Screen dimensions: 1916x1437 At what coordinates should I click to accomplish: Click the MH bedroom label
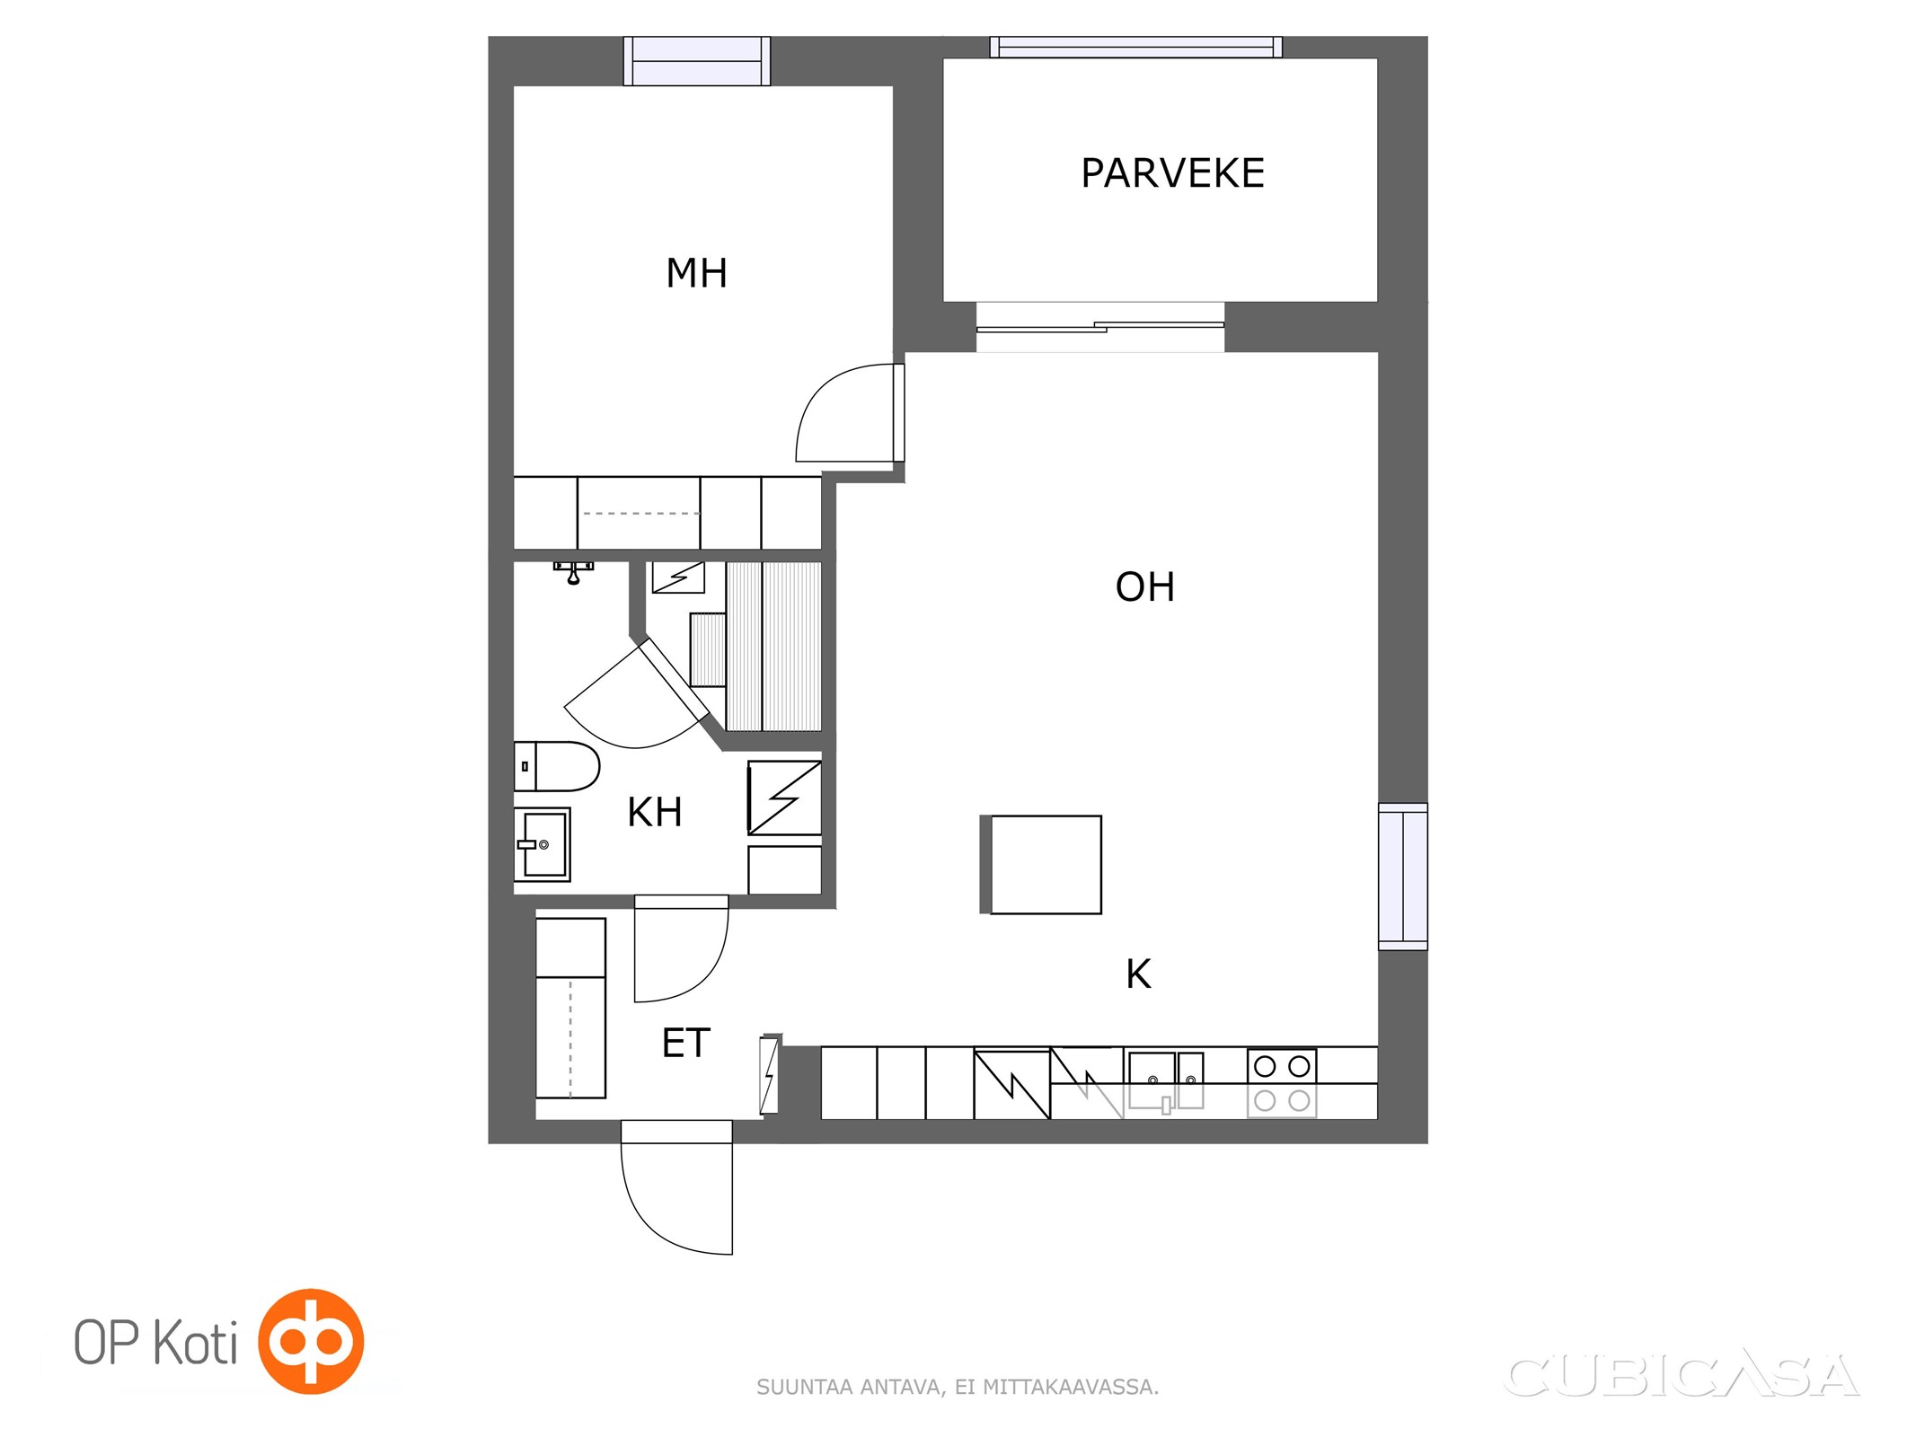(696, 273)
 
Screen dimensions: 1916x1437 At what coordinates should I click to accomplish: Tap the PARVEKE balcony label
(1172, 173)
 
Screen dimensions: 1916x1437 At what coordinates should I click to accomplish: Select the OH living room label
(1144, 586)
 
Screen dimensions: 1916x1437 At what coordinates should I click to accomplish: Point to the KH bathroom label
(654, 812)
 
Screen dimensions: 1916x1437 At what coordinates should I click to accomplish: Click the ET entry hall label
(685, 1043)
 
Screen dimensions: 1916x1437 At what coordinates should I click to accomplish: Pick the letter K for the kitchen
(1138, 974)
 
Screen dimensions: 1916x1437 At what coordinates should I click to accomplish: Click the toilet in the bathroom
(556, 766)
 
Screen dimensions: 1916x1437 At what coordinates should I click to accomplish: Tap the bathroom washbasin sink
(542, 844)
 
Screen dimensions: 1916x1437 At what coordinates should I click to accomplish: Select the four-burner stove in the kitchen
(1282, 1083)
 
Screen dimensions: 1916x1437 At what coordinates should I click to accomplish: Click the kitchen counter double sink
(1165, 1081)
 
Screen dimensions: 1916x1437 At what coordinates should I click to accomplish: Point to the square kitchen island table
(1046, 865)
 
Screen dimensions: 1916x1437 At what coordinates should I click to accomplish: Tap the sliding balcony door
(1099, 327)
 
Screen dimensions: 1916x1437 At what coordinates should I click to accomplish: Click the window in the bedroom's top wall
(697, 61)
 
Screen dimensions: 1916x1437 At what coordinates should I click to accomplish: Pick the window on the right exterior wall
(1403, 876)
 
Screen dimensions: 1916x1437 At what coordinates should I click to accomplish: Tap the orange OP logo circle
(311, 1341)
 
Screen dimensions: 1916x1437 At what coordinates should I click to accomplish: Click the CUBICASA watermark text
(1681, 1376)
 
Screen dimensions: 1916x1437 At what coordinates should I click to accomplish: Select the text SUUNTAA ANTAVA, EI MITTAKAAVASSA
(958, 1387)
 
